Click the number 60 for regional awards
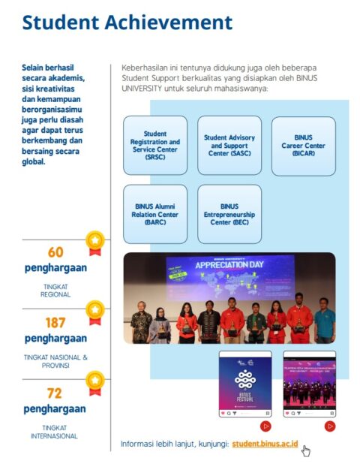(x=55, y=252)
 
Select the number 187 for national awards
(x=55, y=323)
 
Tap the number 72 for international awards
(x=55, y=393)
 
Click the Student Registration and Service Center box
(x=154, y=146)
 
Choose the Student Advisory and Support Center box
(x=229, y=146)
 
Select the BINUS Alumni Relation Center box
(x=154, y=214)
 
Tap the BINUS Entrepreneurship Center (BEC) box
(x=229, y=214)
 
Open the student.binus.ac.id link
(x=265, y=444)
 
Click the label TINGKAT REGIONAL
(x=55, y=291)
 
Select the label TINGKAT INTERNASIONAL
(x=55, y=432)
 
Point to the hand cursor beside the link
(x=306, y=450)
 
